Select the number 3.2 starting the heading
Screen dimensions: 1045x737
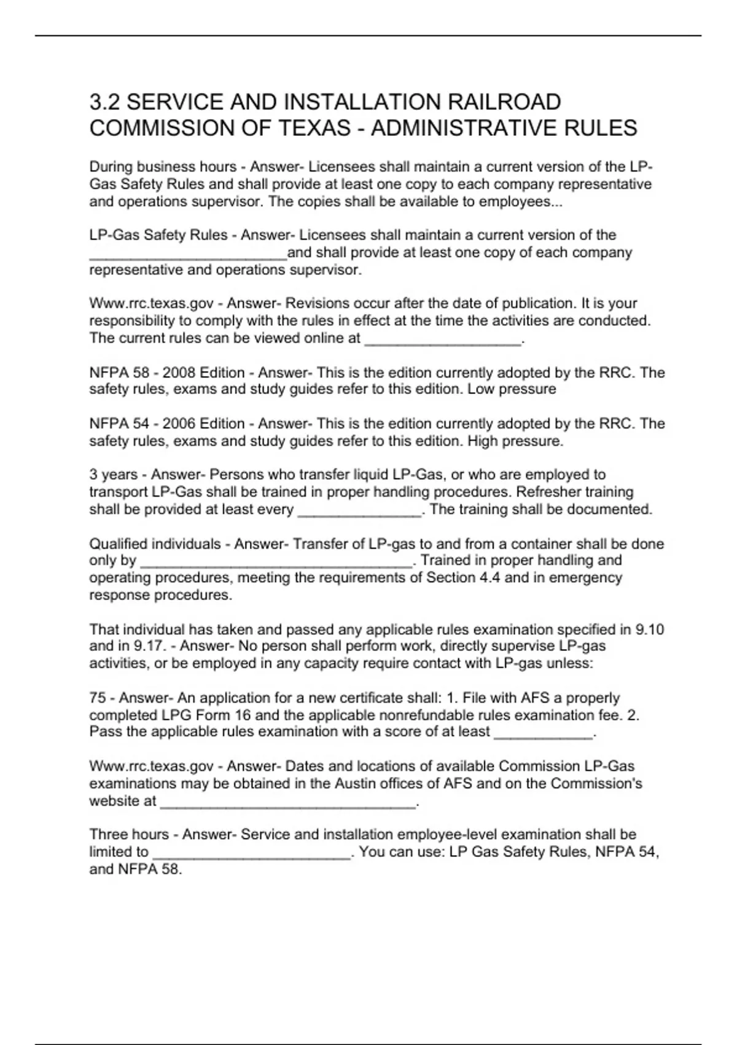click(x=105, y=102)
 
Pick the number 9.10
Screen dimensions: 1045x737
click(x=650, y=629)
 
